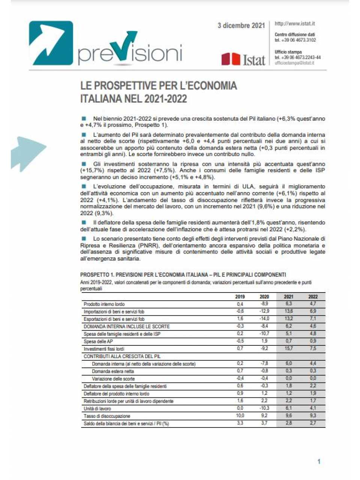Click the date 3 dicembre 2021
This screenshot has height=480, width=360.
(x=241, y=25)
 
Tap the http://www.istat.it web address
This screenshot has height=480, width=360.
(x=294, y=24)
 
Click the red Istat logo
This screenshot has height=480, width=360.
(x=243, y=59)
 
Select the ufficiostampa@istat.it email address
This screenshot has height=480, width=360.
(x=294, y=63)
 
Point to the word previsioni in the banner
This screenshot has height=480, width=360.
(x=130, y=52)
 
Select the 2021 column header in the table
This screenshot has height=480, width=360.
(x=289, y=297)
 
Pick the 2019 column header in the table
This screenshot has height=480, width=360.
(x=240, y=297)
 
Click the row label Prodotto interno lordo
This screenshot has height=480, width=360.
(x=104, y=304)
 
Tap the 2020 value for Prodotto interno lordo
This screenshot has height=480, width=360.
(x=264, y=304)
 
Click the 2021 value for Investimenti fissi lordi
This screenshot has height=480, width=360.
(x=289, y=348)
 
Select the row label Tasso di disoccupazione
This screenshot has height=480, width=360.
(x=107, y=416)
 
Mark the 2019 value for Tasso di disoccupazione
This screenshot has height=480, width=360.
(x=240, y=415)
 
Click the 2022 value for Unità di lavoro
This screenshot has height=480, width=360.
(x=313, y=408)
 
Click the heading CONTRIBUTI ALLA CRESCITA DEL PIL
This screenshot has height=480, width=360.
(x=122, y=356)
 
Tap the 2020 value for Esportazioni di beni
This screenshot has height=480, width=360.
(x=264, y=319)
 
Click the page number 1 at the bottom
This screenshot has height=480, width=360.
(x=319, y=462)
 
